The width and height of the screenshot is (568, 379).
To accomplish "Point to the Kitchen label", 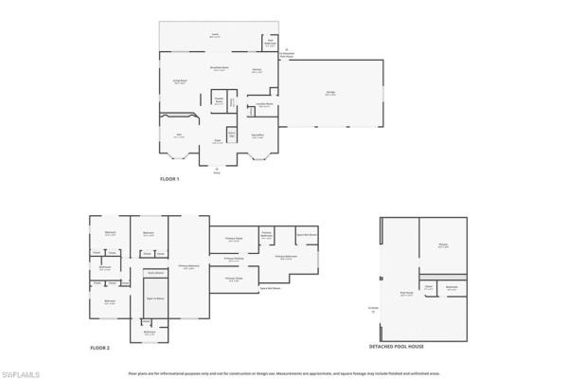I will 257,71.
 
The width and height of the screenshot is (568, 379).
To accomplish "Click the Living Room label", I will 179,82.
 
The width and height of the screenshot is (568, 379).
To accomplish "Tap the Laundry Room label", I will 265,106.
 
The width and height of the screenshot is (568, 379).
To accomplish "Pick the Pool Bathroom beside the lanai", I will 270,42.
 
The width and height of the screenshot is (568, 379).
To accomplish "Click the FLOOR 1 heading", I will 169,179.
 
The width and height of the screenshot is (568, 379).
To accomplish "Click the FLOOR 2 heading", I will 100,349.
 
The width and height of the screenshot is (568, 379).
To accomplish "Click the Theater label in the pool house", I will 443,246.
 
